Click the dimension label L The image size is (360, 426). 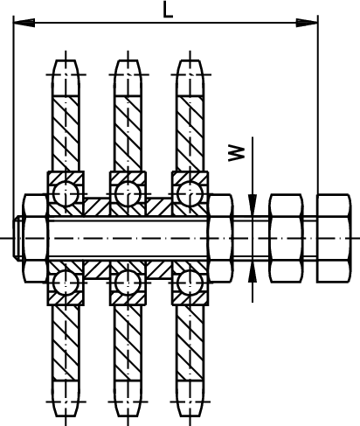(168, 10)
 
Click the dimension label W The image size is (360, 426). (236, 153)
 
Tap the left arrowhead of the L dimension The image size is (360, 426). (24, 23)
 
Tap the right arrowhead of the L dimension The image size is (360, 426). (307, 23)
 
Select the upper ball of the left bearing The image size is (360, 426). (66, 193)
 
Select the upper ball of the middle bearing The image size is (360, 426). (128, 193)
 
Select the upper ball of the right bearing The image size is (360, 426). (190, 193)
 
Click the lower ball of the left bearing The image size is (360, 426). (66, 283)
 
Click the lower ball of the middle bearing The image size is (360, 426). (128, 283)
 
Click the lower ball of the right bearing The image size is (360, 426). (190, 283)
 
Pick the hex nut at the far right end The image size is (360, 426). (334, 238)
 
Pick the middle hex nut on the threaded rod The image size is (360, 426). (286, 238)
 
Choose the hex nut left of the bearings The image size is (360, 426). (35, 238)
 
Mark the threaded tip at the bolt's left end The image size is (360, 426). (17, 238)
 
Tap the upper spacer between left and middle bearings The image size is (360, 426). (97, 207)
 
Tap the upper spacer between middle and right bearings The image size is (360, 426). (159, 207)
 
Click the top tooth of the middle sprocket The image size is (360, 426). (128, 78)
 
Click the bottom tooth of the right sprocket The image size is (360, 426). (190, 398)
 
